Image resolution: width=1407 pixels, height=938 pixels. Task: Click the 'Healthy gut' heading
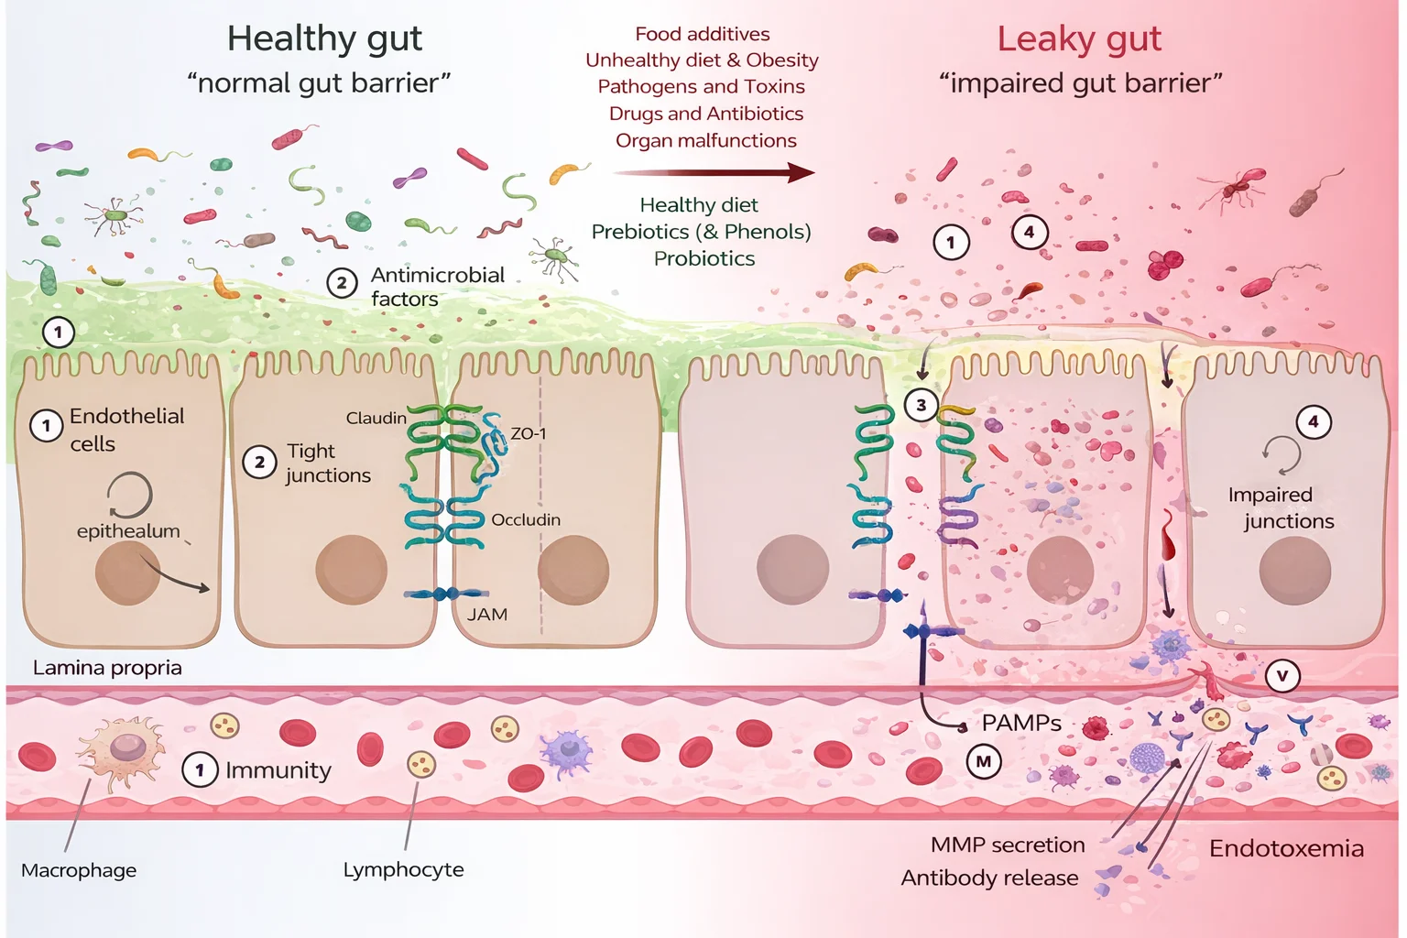click(x=324, y=38)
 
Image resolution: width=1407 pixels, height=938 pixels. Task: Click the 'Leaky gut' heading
click(x=1079, y=38)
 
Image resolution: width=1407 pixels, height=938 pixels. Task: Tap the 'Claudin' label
click(x=376, y=418)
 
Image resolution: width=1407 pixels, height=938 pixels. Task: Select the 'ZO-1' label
click(x=528, y=433)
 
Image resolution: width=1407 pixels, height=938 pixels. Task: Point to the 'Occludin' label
click(x=526, y=519)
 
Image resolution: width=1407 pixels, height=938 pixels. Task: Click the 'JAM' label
click(x=486, y=615)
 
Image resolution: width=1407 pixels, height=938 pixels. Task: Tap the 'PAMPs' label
click(x=1021, y=723)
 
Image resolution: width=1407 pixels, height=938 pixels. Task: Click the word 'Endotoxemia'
click(x=1286, y=848)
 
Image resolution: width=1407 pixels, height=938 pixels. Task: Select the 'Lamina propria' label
click(x=107, y=668)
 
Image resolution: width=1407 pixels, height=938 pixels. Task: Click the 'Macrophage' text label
click(x=79, y=870)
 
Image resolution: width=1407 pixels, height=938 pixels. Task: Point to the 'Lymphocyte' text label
click(x=403, y=869)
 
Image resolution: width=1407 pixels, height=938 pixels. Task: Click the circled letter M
click(x=984, y=761)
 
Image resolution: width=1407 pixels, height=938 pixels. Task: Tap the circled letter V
click(x=1282, y=676)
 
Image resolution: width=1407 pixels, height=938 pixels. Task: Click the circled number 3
click(x=922, y=405)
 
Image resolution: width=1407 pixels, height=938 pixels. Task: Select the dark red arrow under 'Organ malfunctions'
click(x=714, y=172)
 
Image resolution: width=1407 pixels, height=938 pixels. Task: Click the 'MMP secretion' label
click(x=1008, y=845)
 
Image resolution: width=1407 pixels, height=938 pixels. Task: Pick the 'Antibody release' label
click(x=989, y=878)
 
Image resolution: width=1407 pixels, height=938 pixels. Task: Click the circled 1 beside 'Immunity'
click(x=200, y=769)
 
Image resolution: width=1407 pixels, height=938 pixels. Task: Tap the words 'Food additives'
click(x=703, y=34)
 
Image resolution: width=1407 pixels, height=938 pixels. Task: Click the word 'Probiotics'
click(x=703, y=258)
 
